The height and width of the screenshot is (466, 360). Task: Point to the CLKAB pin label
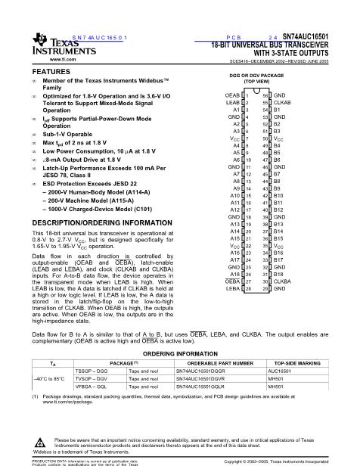tap(283, 102)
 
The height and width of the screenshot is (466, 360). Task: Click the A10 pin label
tap(235, 194)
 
